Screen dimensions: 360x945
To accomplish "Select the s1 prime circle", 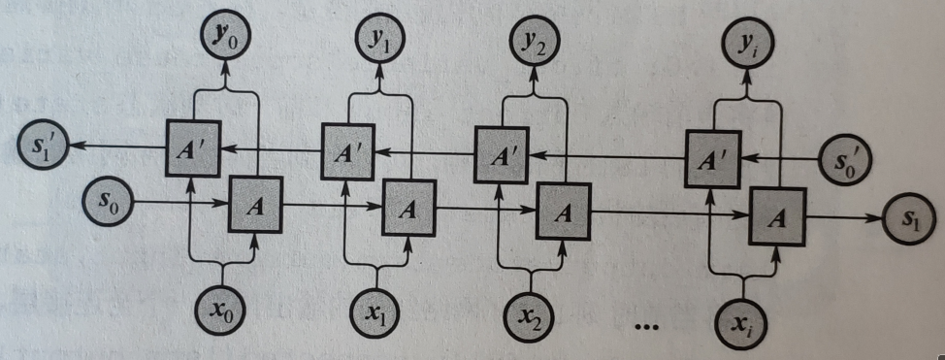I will pyautogui.click(x=41, y=147).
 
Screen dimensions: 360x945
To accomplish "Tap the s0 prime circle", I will pyautogui.click(x=847, y=159).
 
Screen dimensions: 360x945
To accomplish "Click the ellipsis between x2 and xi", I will pyautogui.click(x=646, y=327).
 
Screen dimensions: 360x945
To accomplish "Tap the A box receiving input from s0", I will pyautogui.click(x=255, y=203).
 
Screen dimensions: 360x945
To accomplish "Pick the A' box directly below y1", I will pyautogui.click(x=348, y=150).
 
